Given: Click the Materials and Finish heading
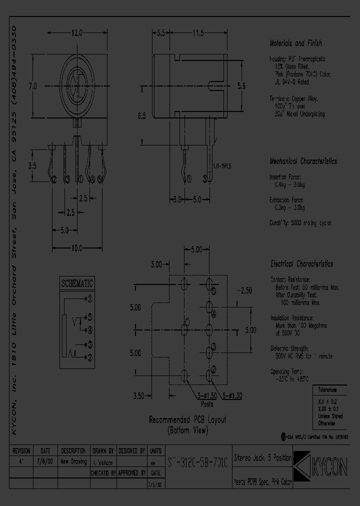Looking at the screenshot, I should coord(295,43).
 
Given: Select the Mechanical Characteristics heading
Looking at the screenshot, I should coord(303,161).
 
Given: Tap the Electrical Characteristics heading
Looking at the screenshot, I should coord(301,263).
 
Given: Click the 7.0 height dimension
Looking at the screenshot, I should coord(33,86).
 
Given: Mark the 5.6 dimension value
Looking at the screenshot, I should coord(241,86).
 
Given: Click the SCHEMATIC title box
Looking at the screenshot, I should coord(77,282).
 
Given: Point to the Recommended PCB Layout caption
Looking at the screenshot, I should coord(187,424).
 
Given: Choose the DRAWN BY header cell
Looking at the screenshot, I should coord(103,450).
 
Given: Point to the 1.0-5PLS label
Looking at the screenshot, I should coord(222,165).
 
